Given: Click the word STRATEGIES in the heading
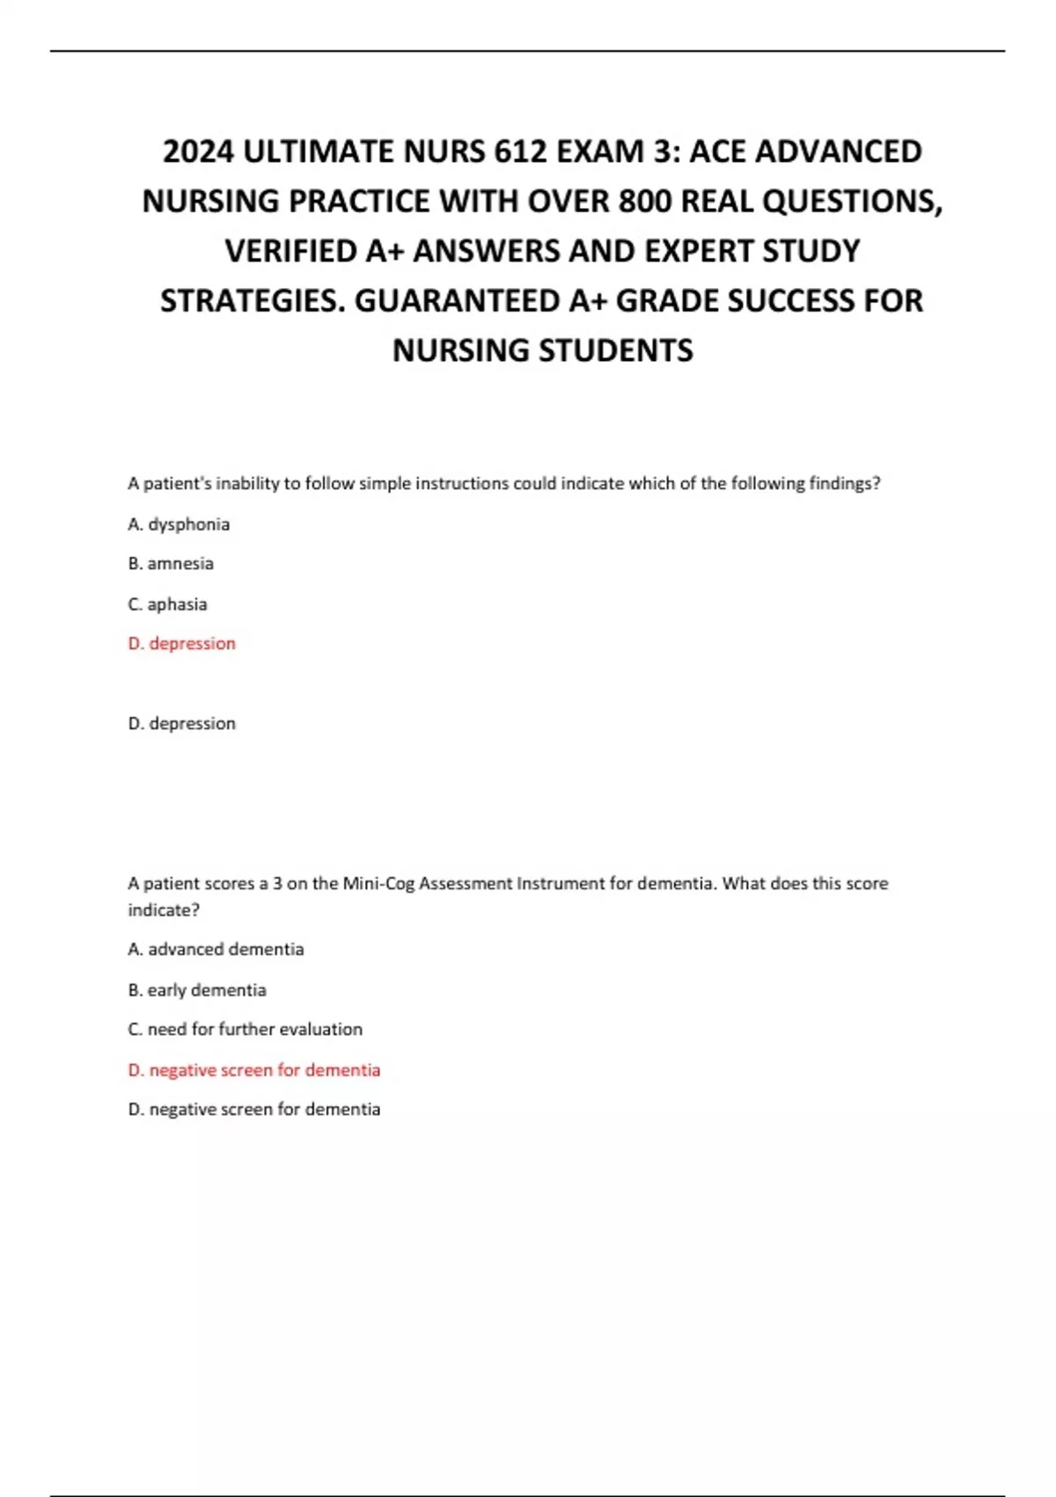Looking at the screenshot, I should pos(252,301).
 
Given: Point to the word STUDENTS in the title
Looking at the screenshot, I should pos(616,350).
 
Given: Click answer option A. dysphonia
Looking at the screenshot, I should pos(179,524).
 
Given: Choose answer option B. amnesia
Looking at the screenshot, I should pos(171,564).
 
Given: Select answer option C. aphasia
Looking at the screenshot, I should pos(167,604).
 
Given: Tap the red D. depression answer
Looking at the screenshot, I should pos(182,644).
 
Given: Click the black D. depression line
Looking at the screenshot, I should pos(182,724).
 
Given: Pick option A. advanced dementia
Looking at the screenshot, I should pos(216,949).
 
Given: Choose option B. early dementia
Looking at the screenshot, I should pos(197,990).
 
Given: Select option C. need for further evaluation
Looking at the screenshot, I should pos(245,1029).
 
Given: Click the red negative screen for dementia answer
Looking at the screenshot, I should pos(254,1070).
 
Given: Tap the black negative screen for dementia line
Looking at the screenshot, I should pos(254,1110).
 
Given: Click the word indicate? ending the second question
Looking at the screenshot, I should pos(164,911).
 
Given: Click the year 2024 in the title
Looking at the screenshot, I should pos(199,152).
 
